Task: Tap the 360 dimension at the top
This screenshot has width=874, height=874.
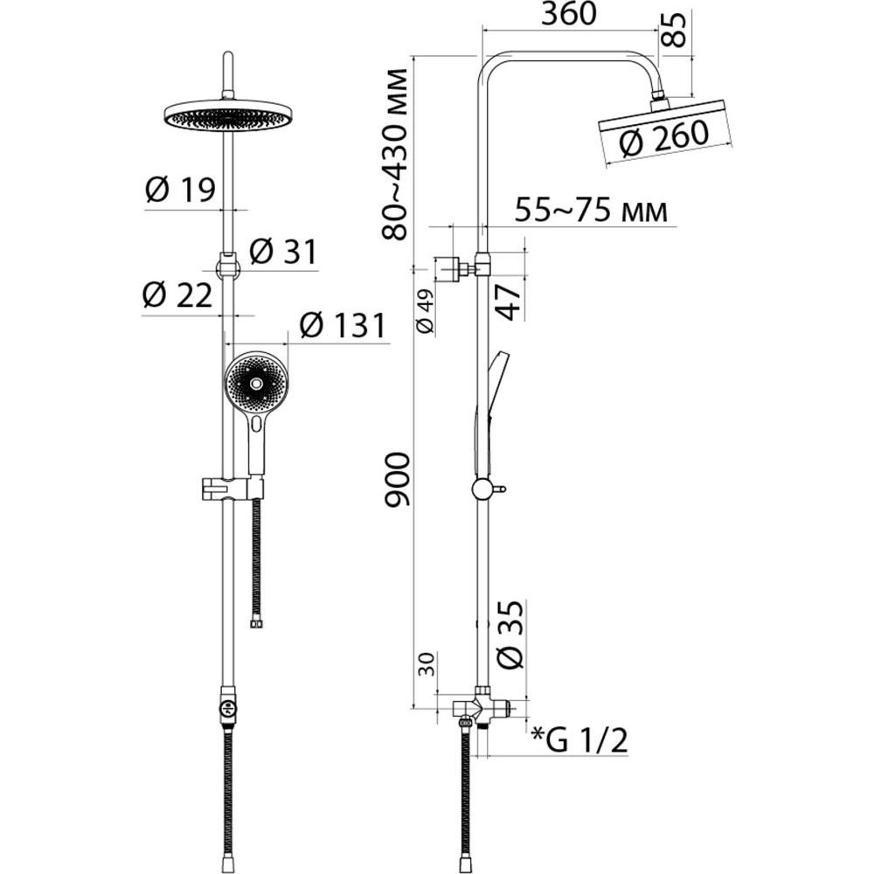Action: [x=570, y=14]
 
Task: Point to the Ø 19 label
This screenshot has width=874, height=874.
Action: [x=180, y=190]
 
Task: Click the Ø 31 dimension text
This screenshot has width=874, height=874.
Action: [x=283, y=252]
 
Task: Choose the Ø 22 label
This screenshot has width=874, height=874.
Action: [x=177, y=295]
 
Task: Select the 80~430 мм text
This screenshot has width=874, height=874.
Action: [x=396, y=155]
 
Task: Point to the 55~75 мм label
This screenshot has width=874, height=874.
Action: [x=591, y=211]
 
